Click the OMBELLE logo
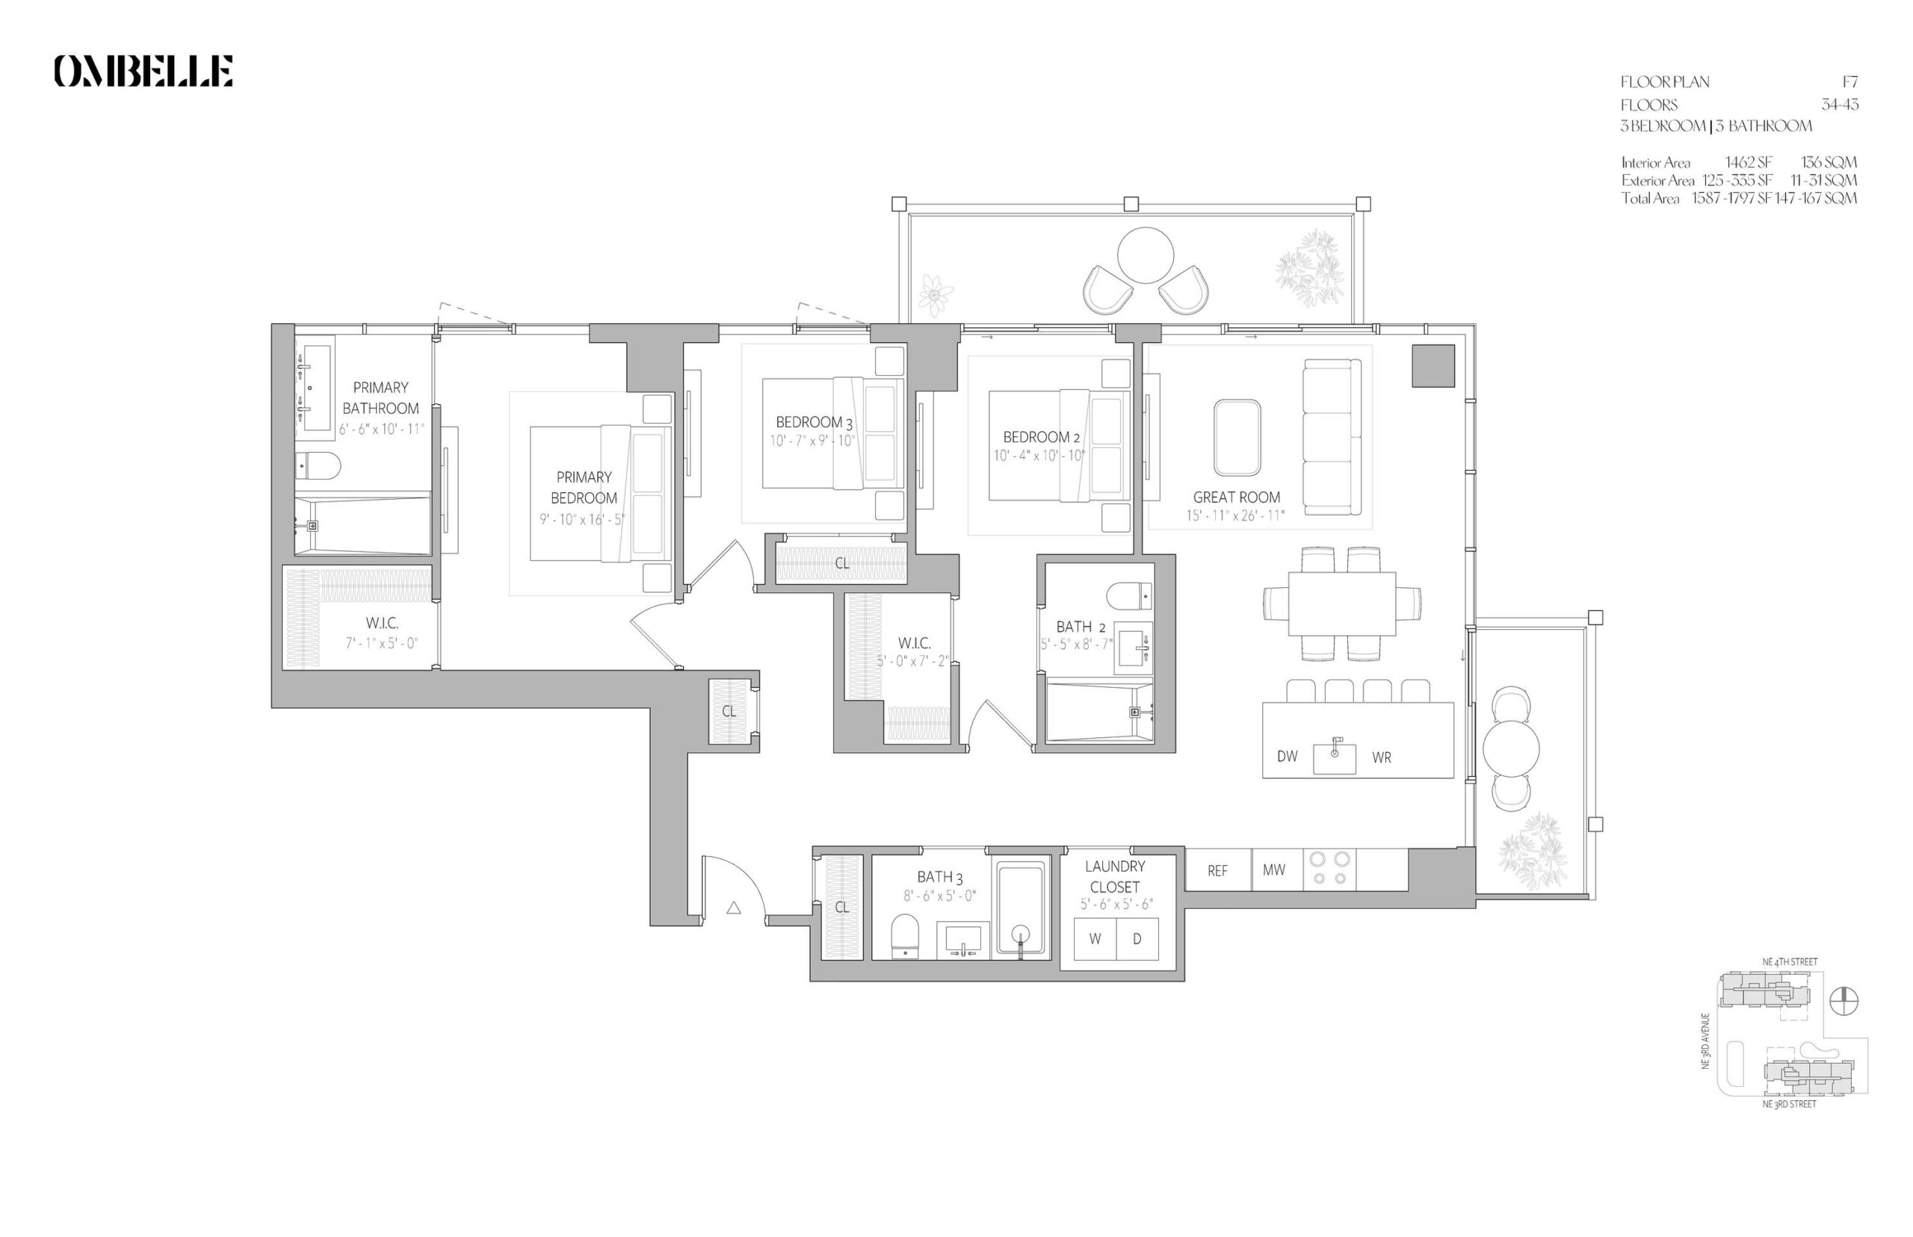click(143, 71)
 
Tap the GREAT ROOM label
click(1236, 497)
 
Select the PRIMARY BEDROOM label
click(584, 488)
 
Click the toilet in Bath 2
click(1129, 596)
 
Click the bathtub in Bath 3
click(1020, 909)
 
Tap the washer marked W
click(1094, 939)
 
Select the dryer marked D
click(1137, 939)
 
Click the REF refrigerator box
click(1217, 870)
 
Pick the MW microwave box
click(1273, 870)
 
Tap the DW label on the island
click(1287, 756)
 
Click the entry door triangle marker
click(734, 908)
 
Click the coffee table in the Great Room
click(1237, 438)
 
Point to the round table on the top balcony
click(1144, 255)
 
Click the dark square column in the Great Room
click(1433, 365)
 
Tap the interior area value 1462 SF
click(1748, 162)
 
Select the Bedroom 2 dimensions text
click(1039, 456)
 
